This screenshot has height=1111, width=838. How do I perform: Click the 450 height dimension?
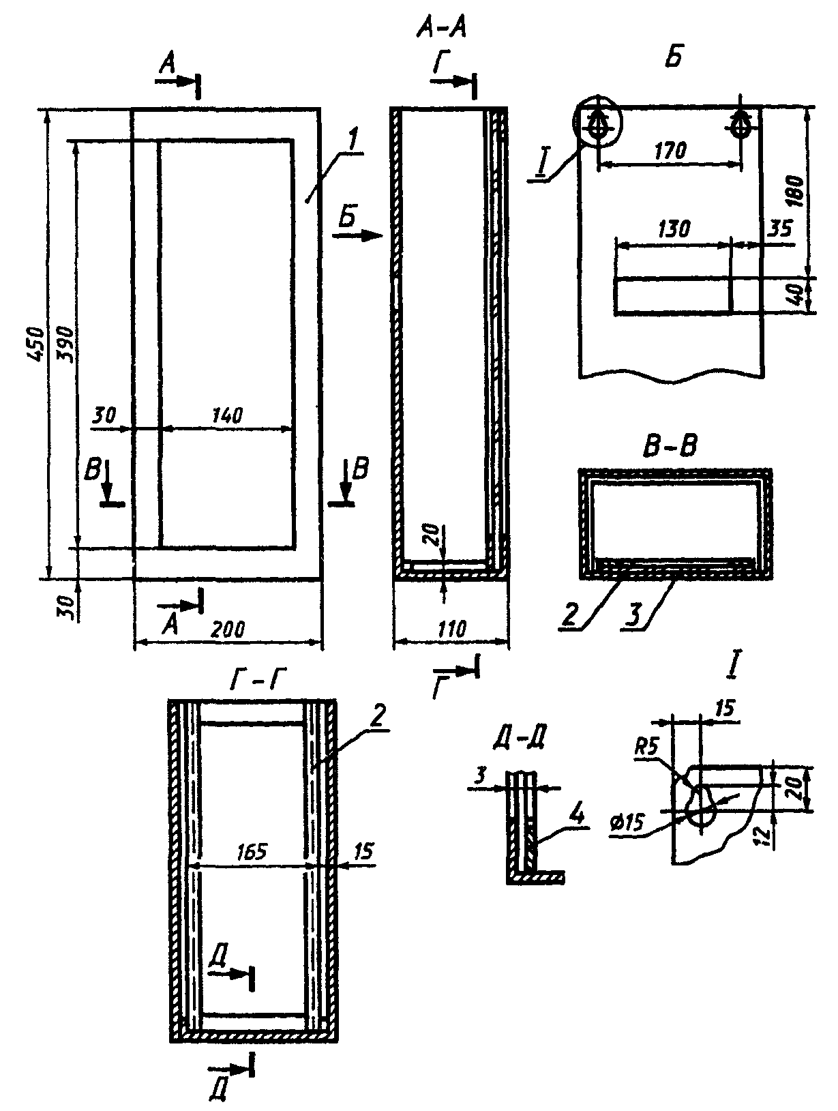(x=35, y=344)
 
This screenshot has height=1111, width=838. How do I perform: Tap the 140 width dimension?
(x=227, y=415)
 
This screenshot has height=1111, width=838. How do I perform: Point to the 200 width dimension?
(x=227, y=629)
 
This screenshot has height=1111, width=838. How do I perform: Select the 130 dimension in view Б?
(x=674, y=230)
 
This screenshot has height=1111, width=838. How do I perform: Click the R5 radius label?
(x=647, y=748)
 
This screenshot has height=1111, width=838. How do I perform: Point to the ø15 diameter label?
(x=629, y=823)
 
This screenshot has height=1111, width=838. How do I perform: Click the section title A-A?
(x=440, y=29)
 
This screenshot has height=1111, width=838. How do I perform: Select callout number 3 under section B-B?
(x=633, y=615)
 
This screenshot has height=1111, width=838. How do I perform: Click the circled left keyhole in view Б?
(x=597, y=123)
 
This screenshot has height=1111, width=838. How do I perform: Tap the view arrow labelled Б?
(x=357, y=236)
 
